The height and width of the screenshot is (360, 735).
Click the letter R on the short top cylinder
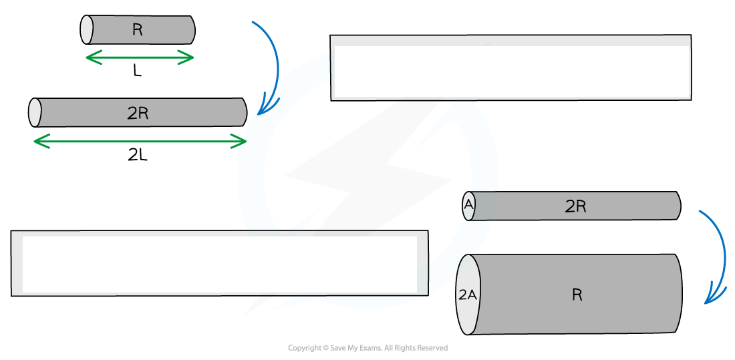(x=137, y=30)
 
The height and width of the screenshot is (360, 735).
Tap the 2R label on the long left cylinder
(x=138, y=114)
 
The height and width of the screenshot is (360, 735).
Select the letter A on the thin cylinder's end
(x=468, y=206)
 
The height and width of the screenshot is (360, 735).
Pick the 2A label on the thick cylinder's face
(x=467, y=295)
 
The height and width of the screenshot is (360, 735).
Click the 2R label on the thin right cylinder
(x=575, y=206)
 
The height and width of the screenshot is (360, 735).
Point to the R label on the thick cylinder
(x=577, y=295)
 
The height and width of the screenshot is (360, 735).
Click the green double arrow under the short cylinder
(x=140, y=58)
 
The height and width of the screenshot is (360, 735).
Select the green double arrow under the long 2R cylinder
(x=140, y=141)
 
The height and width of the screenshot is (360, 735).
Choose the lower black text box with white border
(x=220, y=263)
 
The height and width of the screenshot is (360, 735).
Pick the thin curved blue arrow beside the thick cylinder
(x=718, y=257)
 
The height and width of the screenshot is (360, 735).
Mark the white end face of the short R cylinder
(x=87, y=29)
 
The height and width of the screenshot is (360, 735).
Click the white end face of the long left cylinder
(x=35, y=112)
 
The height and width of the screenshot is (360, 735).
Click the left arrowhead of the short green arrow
(x=92, y=58)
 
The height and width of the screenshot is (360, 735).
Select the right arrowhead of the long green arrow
(x=241, y=141)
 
